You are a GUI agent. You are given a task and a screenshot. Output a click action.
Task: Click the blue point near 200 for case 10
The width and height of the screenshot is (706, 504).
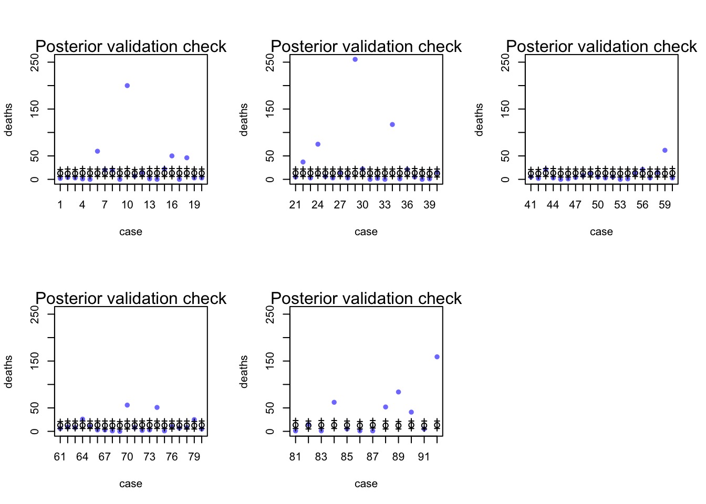coord(127,86)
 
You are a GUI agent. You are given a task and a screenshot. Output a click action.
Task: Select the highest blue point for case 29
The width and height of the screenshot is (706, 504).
coord(355,59)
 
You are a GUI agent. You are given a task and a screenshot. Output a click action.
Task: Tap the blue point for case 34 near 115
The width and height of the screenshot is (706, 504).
coord(392,124)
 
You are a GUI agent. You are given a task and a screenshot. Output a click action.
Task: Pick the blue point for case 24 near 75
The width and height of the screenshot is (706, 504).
coord(318,144)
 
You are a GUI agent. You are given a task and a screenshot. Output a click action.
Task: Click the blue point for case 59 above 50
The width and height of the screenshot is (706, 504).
coord(665,151)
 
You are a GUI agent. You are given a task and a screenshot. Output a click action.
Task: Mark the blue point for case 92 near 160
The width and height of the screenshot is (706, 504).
coord(437,357)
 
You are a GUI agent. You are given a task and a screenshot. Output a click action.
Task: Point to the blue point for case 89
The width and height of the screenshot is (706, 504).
coord(398,392)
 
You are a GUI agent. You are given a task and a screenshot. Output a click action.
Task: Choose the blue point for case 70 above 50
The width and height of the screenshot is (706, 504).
coord(127,405)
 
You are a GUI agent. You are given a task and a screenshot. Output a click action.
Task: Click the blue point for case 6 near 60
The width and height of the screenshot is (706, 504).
coord(97,151)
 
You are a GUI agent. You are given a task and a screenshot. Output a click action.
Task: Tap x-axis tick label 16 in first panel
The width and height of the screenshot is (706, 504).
coord(172,205)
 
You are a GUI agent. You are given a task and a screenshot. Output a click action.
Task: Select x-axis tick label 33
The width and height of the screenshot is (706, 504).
coord(385,205)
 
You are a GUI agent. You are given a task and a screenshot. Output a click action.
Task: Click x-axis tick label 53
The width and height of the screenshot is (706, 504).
coord(620,205)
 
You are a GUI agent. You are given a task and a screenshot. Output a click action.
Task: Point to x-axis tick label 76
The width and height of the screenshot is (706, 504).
coord(172,457)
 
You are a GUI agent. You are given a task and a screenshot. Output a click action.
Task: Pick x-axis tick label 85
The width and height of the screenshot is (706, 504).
coord(347,457)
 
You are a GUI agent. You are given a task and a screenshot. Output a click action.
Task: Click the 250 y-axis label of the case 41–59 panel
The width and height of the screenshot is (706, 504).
coord(505,62)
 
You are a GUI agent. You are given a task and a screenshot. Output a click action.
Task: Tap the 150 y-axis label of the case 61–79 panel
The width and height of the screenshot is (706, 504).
coord(35,361)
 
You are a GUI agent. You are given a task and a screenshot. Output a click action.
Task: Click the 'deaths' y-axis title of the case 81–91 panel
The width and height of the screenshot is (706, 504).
coord(244,372)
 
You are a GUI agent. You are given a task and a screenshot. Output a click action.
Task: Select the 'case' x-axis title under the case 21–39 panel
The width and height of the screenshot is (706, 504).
coord(366,232)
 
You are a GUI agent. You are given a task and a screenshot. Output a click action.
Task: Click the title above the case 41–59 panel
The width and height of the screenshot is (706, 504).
coord(601,46)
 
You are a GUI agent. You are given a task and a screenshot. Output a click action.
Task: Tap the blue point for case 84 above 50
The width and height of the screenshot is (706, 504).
coord(334,403)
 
